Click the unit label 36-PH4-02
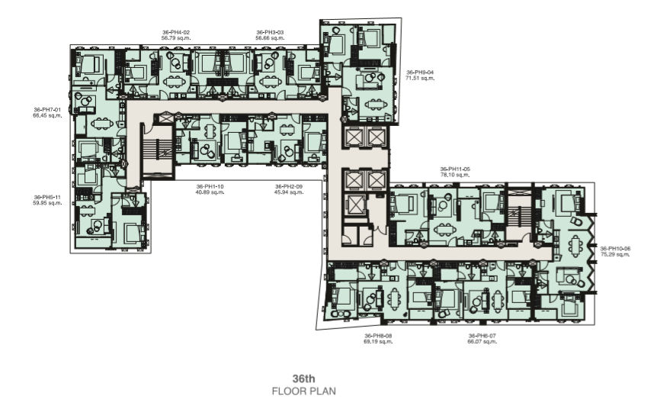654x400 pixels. tap(176, 32)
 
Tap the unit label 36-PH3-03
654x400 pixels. tap(270, 32)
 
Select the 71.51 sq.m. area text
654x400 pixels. tap(420, 78)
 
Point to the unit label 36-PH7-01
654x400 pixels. tap(47, 110)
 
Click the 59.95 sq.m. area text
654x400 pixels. tap(47, 203)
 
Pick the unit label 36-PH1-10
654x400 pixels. tap(210, 186)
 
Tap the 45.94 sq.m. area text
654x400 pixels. tap(289, 192)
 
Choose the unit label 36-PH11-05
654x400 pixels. tap(455, 169)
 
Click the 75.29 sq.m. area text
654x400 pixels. tap(615, 254)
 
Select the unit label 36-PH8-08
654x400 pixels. tap(378, 336)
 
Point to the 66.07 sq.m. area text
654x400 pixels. tap(482, 341)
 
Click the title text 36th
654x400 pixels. tap(303, 379)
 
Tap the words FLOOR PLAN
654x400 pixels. tap(303, 392)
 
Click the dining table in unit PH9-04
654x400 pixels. tap(373, 105)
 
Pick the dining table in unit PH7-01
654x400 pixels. tap(102, 123)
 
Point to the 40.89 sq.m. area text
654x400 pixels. tap(210, 192)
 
